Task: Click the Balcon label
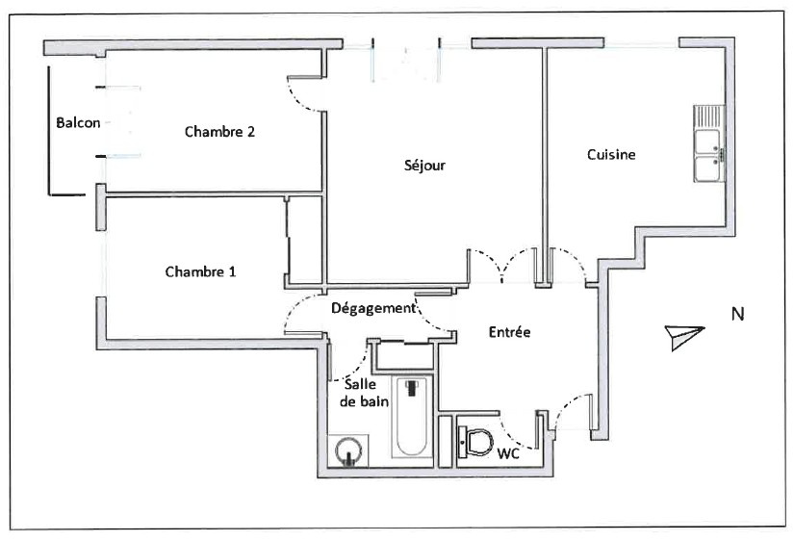click(x=78, y=122)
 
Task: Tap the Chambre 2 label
click(x=219, y=132)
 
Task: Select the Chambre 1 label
click(x=200, y=271)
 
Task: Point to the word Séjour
click(x=424, y=166)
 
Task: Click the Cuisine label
click(x=611, y=154)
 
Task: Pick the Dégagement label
click(x=373, y=308)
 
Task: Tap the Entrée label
click(x=509, y=332)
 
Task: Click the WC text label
click(x=508, y=453)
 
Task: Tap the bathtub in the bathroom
click(x=413, y=418)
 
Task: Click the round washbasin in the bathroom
click(x=349, y=451)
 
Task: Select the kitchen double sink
click(x=709, y=155)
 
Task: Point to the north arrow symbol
click(x=684, y=336)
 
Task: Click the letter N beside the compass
click(x=738, y=314)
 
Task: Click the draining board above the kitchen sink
click(x=709, y=117)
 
